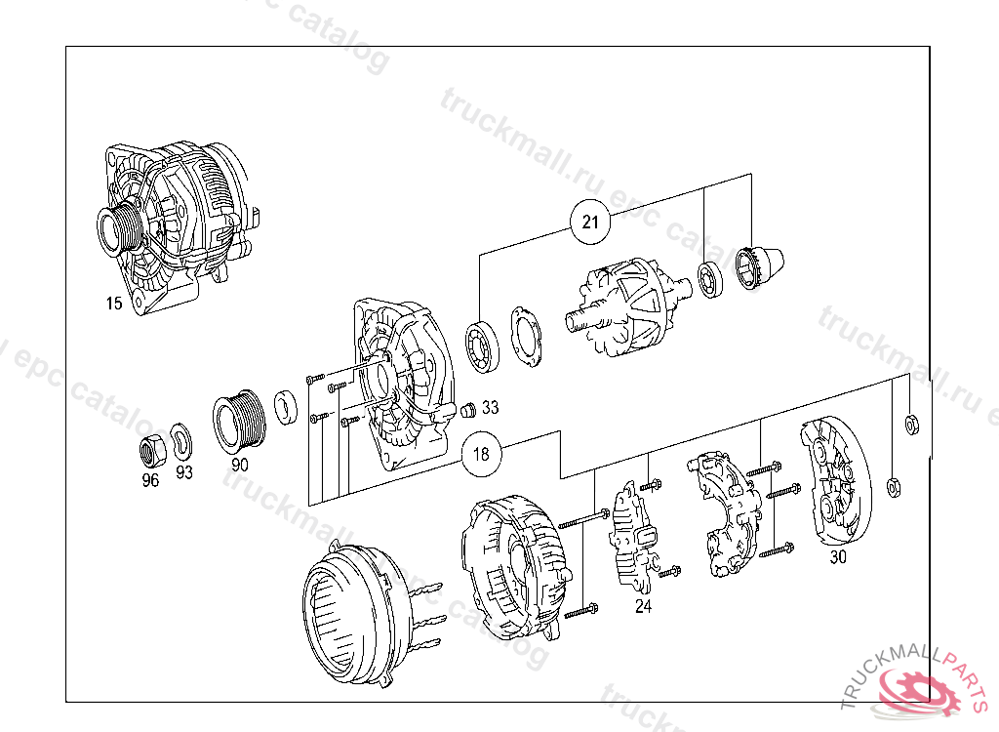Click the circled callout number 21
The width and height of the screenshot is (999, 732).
[590, 222]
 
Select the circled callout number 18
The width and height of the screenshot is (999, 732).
[481, 454]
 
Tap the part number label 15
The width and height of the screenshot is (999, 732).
[114, 304]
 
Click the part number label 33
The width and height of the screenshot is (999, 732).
[490, 407]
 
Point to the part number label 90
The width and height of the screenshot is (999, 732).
[240, 465]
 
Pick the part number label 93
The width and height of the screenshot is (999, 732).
[184, 472]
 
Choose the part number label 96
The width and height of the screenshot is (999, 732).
[150, 480]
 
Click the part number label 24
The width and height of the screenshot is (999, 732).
[644, 606]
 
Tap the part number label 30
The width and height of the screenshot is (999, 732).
[838, 557]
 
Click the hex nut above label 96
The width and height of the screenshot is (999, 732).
[152, 450]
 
